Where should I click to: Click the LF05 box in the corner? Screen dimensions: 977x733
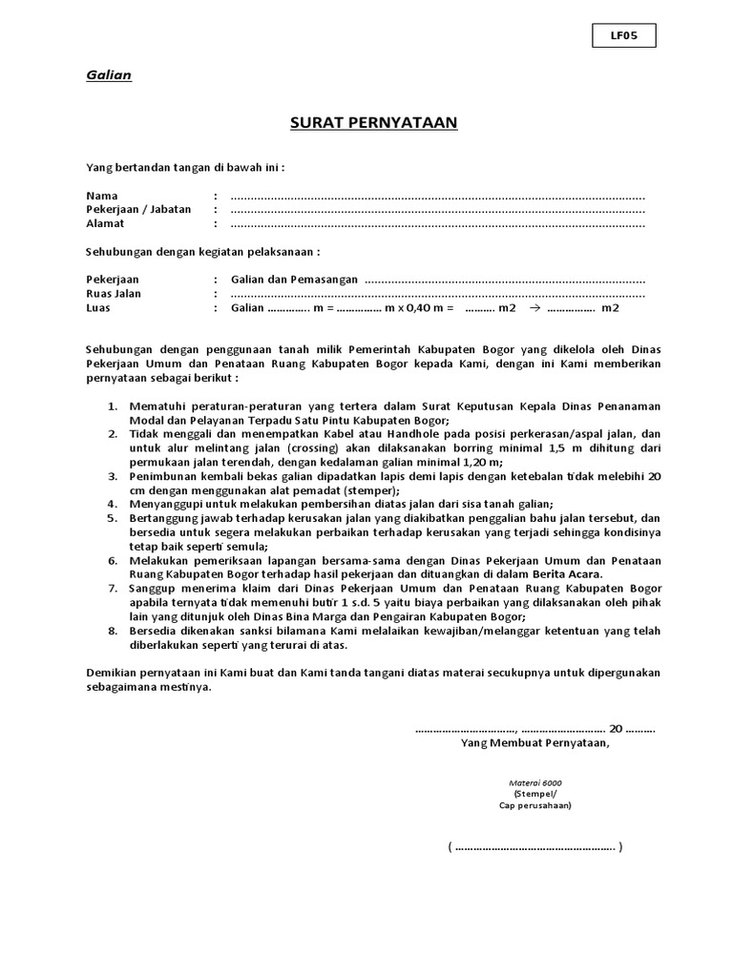pos(623,36)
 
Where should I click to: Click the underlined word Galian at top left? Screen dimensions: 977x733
pos(109,75)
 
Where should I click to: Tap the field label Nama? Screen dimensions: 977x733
pos(101,197)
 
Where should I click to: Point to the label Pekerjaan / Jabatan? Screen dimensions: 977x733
pos(138,210)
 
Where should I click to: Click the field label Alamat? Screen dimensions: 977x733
pos(106,223)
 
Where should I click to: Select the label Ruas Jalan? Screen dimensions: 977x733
pos(114,294)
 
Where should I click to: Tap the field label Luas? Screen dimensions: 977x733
pos(99,308)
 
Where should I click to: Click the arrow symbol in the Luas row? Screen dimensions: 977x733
pos(534,308)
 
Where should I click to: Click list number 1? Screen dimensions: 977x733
pos(113,406)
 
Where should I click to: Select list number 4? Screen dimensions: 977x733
pos(113,504)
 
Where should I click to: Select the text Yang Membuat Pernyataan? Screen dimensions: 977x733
pos(534,743)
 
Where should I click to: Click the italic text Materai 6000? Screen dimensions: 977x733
pos(535,782)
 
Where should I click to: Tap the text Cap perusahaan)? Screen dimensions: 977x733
pos(535,804)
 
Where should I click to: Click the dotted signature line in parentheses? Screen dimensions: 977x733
pos(535,846)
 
